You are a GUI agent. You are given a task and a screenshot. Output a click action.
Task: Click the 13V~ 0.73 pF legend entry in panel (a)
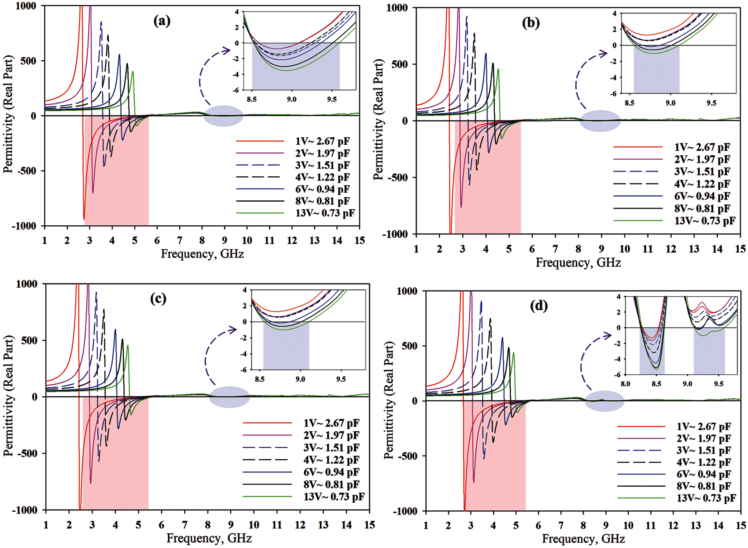coord(325,213)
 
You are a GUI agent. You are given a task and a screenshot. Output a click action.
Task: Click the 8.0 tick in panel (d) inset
coord(625,384)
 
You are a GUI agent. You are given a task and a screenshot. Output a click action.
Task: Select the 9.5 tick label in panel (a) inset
coord(331,99)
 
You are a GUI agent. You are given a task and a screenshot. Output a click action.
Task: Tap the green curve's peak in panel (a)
coord(133,72)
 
